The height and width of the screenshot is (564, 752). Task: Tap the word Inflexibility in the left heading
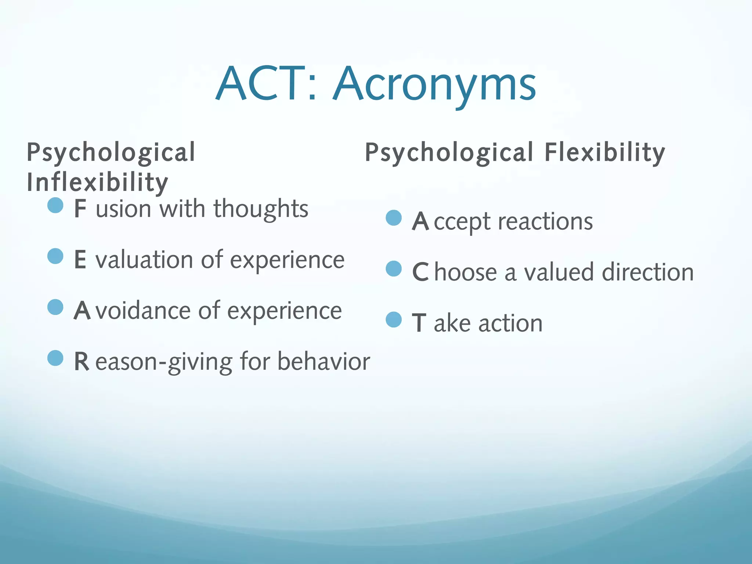[97, 182]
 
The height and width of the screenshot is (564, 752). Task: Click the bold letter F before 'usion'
[80, 209]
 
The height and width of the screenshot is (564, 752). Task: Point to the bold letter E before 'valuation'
[80, 260]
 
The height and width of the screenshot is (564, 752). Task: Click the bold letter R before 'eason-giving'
[81, 362]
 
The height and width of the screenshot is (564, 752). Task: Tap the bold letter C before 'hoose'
[420, 272]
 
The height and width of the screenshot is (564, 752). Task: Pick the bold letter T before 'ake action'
[419, 323]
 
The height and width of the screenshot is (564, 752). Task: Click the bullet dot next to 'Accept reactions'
[394, 218]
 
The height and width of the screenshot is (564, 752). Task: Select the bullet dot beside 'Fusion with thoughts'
[55, 205]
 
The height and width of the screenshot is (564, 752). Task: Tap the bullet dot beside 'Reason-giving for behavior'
[55, 358]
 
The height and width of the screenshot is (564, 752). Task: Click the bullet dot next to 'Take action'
[394, 319]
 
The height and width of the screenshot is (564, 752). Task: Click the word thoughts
[261, 209]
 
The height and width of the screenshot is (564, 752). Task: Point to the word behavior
[323, 362]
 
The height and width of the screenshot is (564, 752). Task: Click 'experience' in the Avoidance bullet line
[285, 311]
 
